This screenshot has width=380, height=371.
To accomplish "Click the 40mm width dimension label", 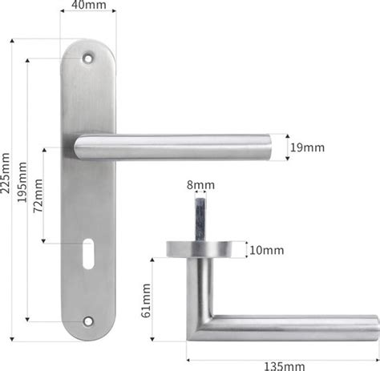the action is [89, 5].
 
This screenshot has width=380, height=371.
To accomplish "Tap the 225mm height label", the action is [6, 173].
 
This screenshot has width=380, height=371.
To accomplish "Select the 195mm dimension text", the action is [22, 182].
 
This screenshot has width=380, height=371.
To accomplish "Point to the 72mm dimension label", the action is [38, 196].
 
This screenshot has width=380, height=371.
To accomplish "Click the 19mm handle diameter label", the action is [307, 147].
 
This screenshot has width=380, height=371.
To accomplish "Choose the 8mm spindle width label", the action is [200, 185].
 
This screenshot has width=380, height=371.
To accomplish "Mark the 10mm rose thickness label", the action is [266, 250].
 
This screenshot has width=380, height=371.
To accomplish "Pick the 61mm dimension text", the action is [146, 300].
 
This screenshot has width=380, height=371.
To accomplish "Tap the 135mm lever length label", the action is [284, 366].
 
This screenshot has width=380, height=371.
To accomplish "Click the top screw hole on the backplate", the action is [88, 58].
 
